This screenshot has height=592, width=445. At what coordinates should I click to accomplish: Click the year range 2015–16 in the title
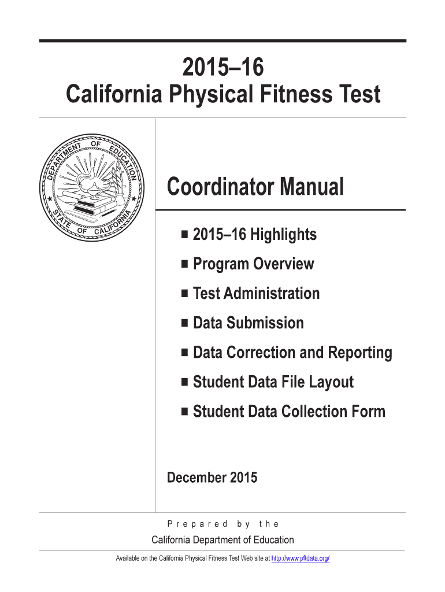223,68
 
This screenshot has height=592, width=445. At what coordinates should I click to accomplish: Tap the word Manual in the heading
312,187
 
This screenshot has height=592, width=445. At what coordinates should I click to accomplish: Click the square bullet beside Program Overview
184,264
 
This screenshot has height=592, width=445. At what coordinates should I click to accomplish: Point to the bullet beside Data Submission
184,323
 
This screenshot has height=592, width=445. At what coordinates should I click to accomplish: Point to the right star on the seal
134,199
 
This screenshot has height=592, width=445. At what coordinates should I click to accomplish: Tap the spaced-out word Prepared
198,524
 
